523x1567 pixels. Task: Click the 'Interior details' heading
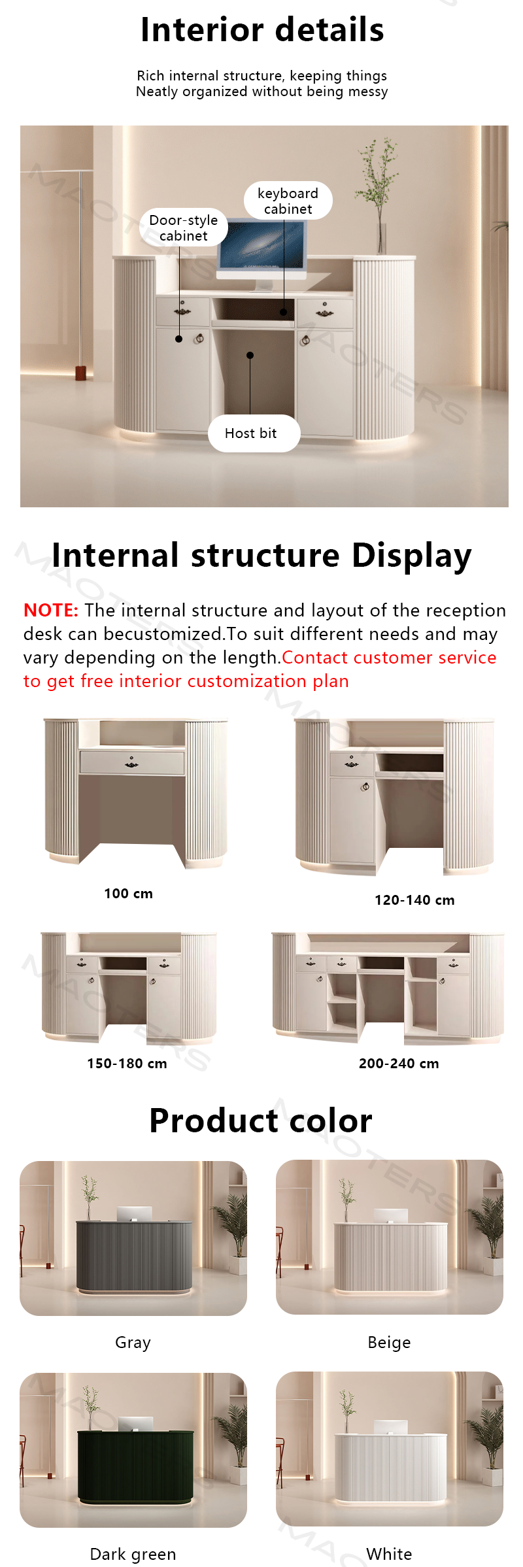click(x=262, y=30)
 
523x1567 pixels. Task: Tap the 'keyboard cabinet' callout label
click(x=288, y=201)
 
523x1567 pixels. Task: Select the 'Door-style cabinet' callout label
click(x=184, y=227)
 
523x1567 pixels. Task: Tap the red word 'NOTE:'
click(x=51, y=610)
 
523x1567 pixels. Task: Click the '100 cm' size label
click(x=128, y=894)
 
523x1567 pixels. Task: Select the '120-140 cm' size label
click(x=414, y=900)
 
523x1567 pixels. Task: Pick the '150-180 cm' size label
click(x=127, y=1064)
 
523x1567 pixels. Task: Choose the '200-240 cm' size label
click(x=399, y=1064)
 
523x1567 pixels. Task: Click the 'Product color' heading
click(x=261, y=1120)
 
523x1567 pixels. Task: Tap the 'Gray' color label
click(x=133, y=1343)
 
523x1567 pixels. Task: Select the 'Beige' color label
click(x=389, y=1343)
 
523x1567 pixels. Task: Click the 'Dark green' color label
click(x=133, y=1554)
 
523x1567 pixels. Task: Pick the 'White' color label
click(x=389, y=1554)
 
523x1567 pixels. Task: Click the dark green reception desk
click(x=136, y=1465)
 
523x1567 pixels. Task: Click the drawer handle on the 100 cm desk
click(x=131, y=763)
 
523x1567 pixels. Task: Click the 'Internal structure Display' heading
click(x=261, y=556)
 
